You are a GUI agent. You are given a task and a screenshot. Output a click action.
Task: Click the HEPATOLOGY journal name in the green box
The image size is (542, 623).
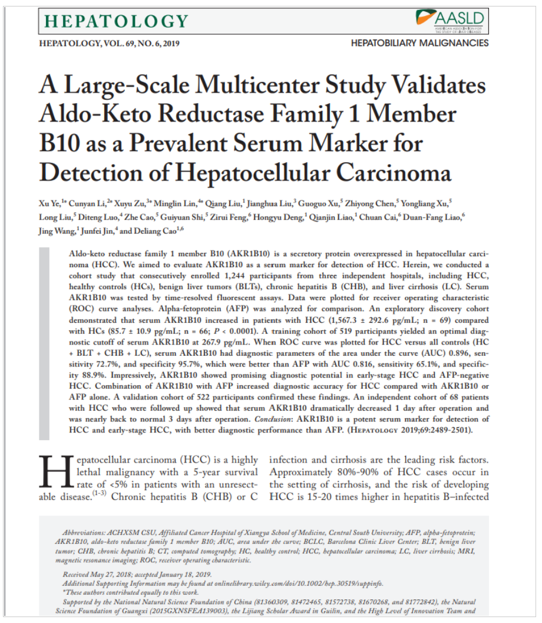click(108, 22)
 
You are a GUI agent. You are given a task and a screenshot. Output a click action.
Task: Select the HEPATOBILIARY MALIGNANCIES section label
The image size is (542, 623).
click(419, 44)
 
